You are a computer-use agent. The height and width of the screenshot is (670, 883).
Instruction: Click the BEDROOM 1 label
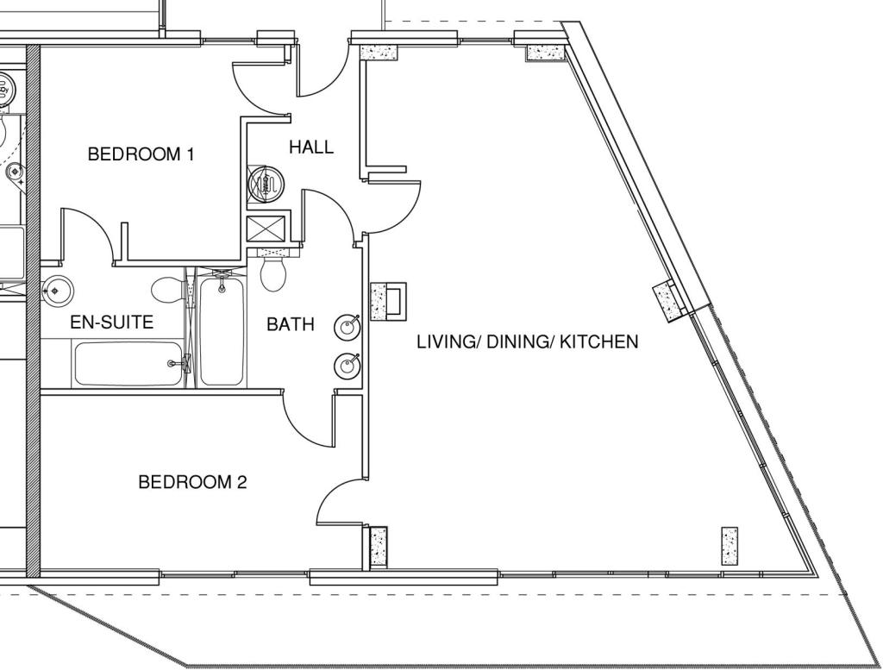[141, 154]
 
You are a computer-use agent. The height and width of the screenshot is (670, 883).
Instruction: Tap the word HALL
[310, 147]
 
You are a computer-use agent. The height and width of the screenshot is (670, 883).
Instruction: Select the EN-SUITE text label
[111, 322]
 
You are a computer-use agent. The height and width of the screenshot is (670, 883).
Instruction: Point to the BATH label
[290, 325]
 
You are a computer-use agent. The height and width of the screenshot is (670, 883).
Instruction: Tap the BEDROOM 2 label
[192, 482]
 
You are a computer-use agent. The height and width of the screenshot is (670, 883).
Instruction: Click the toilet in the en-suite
[168, 290]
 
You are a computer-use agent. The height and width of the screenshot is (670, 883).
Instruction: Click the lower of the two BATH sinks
[348, 366]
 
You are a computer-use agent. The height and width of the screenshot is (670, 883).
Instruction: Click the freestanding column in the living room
[730, 545]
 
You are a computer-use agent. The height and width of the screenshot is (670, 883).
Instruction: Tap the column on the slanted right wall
[670, 300]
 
